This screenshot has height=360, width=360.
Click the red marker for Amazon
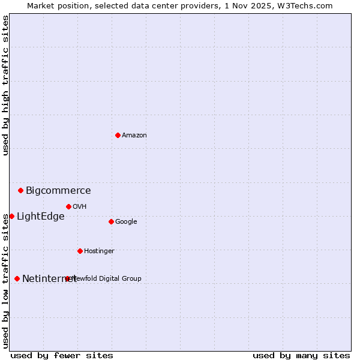[x=118, y=135]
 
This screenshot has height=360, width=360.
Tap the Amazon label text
[x=134, y=136]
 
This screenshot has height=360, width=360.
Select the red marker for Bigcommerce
[x=20, y=190]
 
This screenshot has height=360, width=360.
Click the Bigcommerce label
[x=58, y=191]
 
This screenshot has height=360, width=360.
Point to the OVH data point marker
[x=68, y=206]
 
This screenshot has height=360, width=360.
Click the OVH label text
[x=80, y=207]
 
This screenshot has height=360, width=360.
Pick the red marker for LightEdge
[x=11, y=216]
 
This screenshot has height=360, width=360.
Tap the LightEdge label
[x=40, y=217]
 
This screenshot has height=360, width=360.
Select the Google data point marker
[x=111, y=221]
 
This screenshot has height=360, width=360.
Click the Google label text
[x=126, y=222]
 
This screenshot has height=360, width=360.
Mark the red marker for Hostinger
[x=80, y=251]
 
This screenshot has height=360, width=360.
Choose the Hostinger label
[x=99, y=251]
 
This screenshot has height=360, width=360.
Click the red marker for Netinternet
[x=17, y=278]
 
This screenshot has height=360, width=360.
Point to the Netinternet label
[x=49, y=279]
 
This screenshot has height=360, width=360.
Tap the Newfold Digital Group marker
[x=67, y=278]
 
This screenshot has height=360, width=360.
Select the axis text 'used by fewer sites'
[x=62, y=355]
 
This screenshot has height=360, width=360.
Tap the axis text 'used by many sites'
[x=301, y=355]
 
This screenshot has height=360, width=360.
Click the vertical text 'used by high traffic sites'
[x=5, y=85]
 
